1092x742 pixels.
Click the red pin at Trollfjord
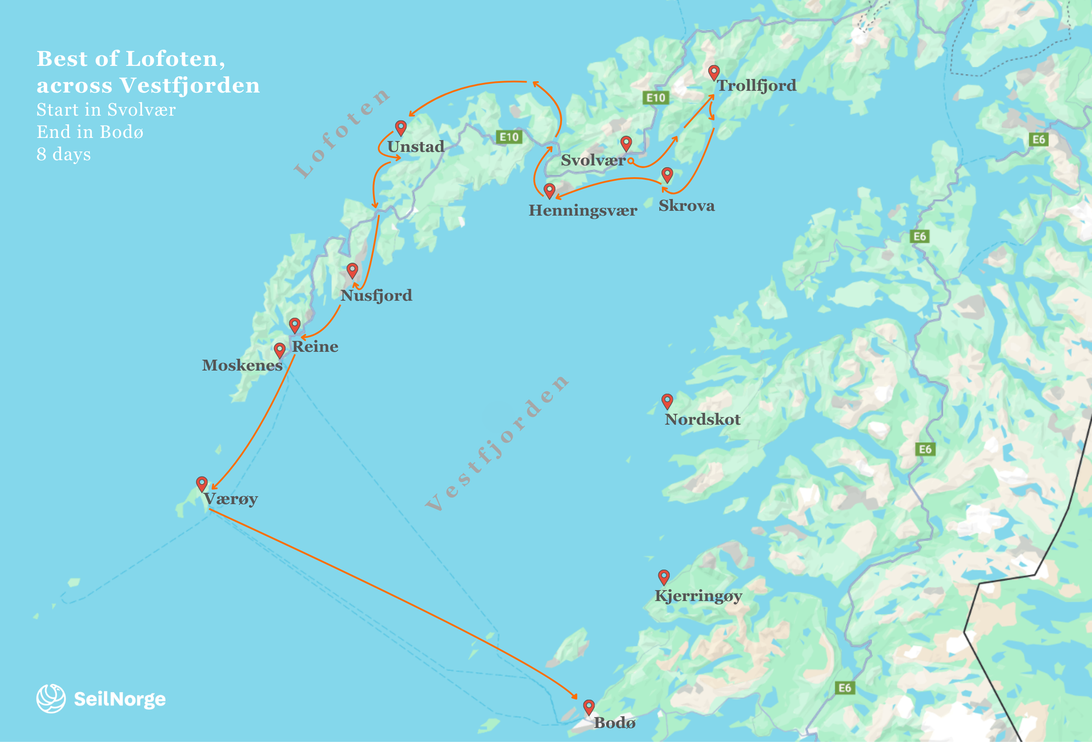[714, 72]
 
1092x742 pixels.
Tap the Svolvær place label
[593, 160]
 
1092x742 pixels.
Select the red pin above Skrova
[667, 175]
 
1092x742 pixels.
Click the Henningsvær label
[582, 210]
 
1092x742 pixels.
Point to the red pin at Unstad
[401, 127]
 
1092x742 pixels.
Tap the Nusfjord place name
[376, 295]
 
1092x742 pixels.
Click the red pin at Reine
[295, 324]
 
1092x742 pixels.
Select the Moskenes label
[242, 365]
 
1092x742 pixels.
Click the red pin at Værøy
[202, 483]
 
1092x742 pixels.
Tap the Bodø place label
[615, 723]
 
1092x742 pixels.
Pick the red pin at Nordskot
[667, 401]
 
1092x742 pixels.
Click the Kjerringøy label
[698, 596]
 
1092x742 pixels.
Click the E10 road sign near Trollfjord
[655, 98]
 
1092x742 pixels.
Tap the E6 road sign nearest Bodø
[844, 688]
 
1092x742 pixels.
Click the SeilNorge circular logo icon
[51, 698]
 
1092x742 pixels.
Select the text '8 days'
[64, 155]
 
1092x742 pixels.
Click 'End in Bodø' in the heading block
[90, 132]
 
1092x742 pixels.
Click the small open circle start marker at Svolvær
[631, 161]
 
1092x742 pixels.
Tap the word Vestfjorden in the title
[189, 86]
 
